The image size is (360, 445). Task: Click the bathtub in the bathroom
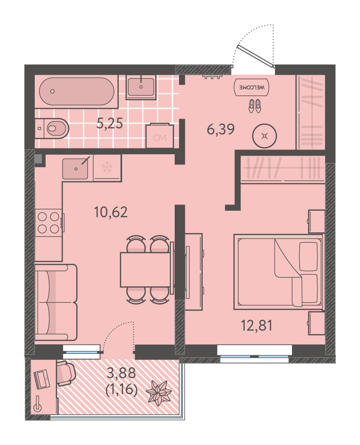coord(76,92)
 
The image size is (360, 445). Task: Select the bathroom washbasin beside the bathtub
coord(141,87)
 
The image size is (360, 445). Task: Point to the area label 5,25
coord(110,123)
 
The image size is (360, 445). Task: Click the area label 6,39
coord(221,129)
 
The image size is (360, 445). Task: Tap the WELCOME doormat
coord(251,87)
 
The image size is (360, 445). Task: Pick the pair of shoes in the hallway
coord(255,106)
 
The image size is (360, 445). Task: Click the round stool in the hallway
coord(264,136)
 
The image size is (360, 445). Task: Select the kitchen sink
coord(75,169)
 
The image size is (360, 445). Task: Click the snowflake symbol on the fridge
coord(107,167)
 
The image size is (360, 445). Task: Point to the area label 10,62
coord(111,212)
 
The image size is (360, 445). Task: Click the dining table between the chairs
coord(145,270)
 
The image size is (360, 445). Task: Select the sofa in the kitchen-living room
coord(56,302)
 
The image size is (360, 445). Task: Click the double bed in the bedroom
coord(278,271)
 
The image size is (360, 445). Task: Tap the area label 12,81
coord(257,325)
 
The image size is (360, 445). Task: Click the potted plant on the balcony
coord(159,393)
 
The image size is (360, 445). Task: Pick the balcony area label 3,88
coord(121,373)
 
